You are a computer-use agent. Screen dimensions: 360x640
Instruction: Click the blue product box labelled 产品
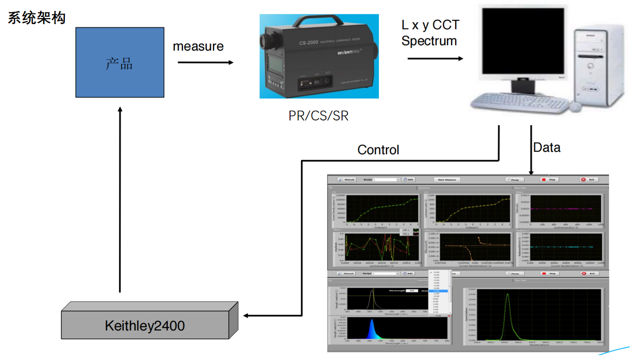(119, 62)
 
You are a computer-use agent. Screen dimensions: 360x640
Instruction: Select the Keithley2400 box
(145, 325)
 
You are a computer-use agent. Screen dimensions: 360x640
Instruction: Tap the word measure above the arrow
(198, 47)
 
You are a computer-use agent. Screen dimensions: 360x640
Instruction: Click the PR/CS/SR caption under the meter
(319, 116)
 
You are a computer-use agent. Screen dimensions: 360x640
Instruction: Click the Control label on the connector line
(378, 150)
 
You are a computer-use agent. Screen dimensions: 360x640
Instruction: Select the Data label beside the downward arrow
(547, 148)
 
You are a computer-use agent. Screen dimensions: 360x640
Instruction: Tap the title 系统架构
(36, 18)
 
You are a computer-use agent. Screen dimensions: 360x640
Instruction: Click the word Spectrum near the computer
(429, 41)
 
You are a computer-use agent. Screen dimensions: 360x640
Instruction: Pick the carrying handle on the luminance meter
(320, 21)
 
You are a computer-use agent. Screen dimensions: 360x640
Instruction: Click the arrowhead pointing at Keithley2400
(246, 316)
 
